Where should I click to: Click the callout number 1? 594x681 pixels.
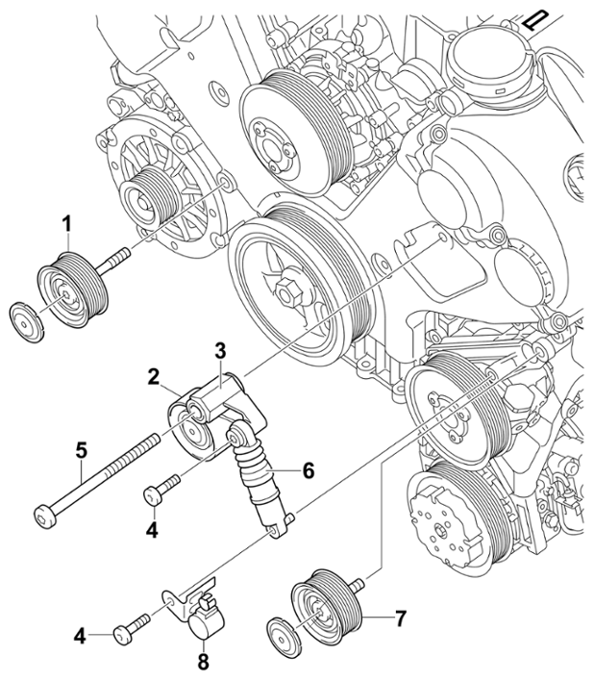coord(66,226)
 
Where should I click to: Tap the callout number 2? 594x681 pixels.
coord(153,378)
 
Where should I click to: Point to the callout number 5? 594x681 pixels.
coord(81,450)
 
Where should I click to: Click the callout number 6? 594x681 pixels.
coord(309,470)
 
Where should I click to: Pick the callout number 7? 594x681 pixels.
coord(399,618)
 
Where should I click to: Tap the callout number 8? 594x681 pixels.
coord(203,662)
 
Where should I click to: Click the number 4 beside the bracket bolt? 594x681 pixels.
coord(80,637)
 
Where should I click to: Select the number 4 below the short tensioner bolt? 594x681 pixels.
coord(152,530)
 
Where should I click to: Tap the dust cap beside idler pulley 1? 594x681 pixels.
coord(27,322)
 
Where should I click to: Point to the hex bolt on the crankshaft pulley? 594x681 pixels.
coord(285,289)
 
